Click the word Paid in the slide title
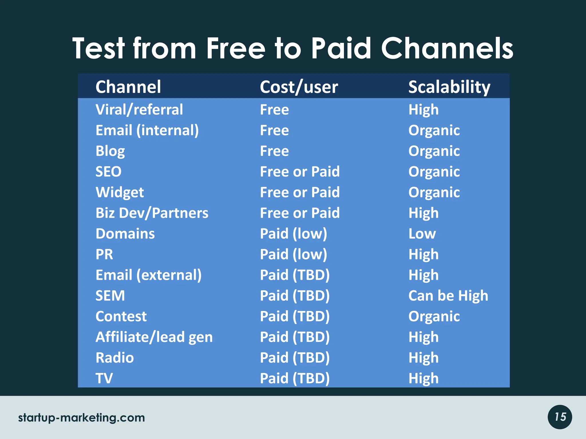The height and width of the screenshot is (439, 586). pyautogui.click(x=341, y=49)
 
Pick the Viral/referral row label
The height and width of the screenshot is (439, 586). pyautogui.click(x=139, y=110)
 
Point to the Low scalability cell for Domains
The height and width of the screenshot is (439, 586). pyautogui.click(x=422, y=234)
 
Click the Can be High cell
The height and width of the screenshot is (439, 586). pyautogui.click(x=448, y=296)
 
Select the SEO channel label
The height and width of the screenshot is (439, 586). pyautogui.click(x=108, y=172)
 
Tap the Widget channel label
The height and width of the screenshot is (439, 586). pyautogui.click(x=120, y=192)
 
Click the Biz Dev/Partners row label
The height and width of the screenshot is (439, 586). pyautogui.click(x=152, y=213)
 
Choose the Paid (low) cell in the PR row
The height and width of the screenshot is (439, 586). pyautogui.click(x=293, y=254)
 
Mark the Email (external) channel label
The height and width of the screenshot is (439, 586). pyautogui.click(x=149, y=275)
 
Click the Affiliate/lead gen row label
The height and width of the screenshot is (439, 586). pyautogui.click(x=154, y=337)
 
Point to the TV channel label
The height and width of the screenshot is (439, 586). pyautogui.click(x=104, y=378)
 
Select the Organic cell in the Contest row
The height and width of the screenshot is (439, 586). pyautogui.click(x=434, y=316)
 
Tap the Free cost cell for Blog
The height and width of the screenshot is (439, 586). pyautogui.click(x=274, y=151)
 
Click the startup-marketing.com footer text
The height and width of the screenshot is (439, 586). pyautogui.click(x=82, y=418)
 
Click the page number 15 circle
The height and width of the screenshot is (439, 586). pyautogui.click(x=560, y=417)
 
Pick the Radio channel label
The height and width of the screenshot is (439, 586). pyautogui.click(x=115, y=358)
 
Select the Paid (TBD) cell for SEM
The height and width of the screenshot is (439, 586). pyautogui.click(x=295, y=296)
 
